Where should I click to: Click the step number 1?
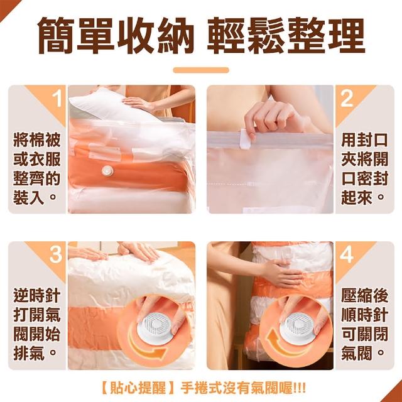coord(57,99)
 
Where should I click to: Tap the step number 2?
coord(347,99)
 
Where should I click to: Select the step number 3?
coord(56,254)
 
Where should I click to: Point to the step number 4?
coord(347,254)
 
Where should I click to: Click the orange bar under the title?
coord(201,70)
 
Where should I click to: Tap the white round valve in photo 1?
coord(107,170)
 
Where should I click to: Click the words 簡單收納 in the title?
coord(116,35)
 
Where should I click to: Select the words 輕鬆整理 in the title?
coord(286,35)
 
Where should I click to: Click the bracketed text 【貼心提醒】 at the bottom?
coord(138,388)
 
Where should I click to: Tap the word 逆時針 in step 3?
coord(37,296)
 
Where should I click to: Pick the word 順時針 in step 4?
coord(364,315)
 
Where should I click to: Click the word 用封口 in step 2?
coord(364,139)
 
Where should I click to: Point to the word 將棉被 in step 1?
coord(37,139)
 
